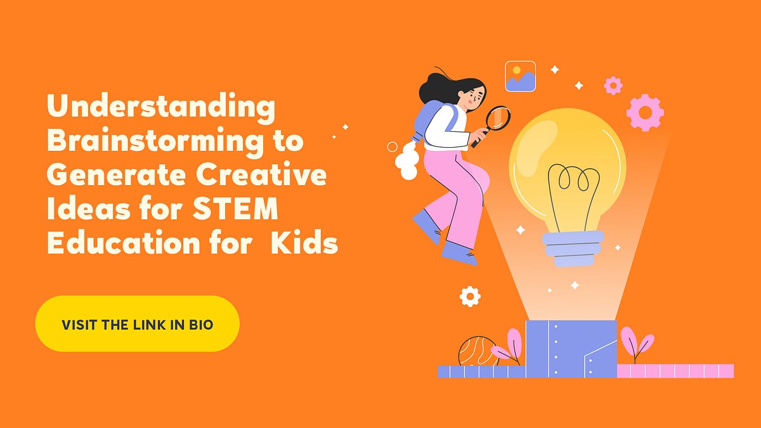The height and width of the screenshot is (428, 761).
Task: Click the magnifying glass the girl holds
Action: tap(497, 119)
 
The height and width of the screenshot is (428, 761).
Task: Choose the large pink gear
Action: tap(645, 112)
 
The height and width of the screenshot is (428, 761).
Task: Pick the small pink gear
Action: tap(613, 86)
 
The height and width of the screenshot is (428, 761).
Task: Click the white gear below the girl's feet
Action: tap(470, 295)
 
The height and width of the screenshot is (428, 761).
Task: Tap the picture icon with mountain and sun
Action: tap(521, 76)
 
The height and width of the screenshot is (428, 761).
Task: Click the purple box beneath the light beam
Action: tap(571, 349)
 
